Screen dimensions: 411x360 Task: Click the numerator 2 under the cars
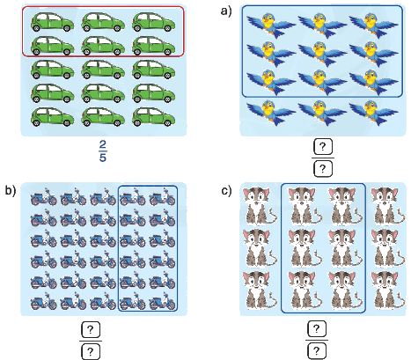pyautogui.click(x=102, y=145)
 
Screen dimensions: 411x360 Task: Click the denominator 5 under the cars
pyautogui.click(x=102, y=158)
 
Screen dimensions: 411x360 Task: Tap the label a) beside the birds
pyautogui.click(x=226, y=11)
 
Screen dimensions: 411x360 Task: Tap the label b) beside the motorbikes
pyautogui.click(x=11, y=190)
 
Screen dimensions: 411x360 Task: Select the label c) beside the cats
pyautogui.click(x=226, y=190)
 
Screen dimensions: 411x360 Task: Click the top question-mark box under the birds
pyautogui.click(x=323, y=147)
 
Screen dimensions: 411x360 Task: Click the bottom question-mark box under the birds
pyautogui.click(x=323, y=169)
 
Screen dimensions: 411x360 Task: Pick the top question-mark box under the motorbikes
pyautogui.click(x=91, y=330)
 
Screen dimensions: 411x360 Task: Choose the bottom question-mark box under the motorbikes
pyautogui.click(x=91, y=351)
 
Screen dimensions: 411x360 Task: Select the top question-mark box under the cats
pyautogui.click(x=317, y=329)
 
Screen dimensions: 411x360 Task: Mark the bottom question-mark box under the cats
pyautogui.click(x=317, y=351)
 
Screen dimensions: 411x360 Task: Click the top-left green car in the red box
pyautogui.click(x=52, y=22)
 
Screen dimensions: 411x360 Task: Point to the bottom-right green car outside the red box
pyautogui.click(x=154, y=117)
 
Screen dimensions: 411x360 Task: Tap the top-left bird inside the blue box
pyautogui.click(x=271, y=25)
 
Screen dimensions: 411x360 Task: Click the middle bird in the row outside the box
pyautogui.click(x=323, y=113)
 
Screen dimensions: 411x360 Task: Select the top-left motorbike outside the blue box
pyautogui.click(x=44, y=196)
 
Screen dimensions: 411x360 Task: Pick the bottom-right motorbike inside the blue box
pyautogui.click(x=162, y=301)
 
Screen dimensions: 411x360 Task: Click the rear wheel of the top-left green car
pyautogui.click(x=36, y=28)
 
